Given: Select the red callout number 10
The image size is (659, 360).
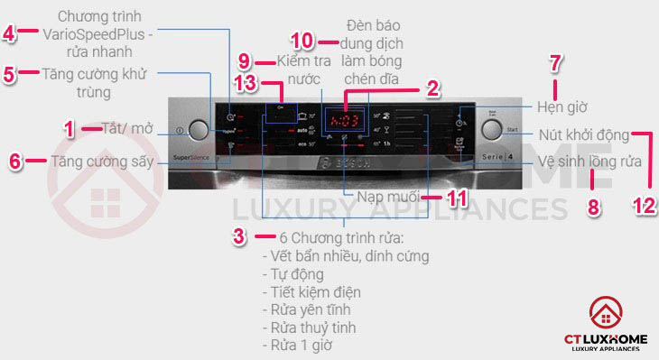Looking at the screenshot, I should coord(302,42).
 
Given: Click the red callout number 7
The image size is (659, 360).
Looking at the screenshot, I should coord(556,63).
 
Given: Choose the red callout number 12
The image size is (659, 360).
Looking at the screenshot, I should coord(642,204).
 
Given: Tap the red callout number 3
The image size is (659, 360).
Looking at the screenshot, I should coord(237,236).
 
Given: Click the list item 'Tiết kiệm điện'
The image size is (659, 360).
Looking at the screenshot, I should coord(311,291).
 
